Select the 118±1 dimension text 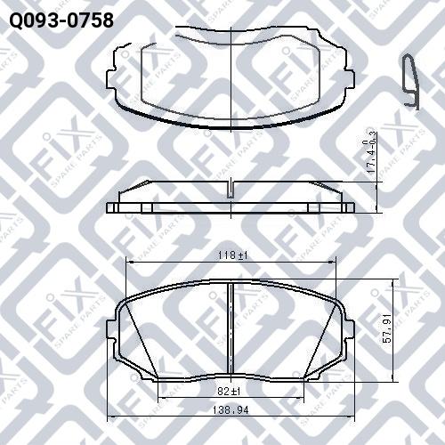tap(231, 255)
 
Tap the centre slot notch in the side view tap(231, 190)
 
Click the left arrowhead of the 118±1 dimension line tap(130, 262)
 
